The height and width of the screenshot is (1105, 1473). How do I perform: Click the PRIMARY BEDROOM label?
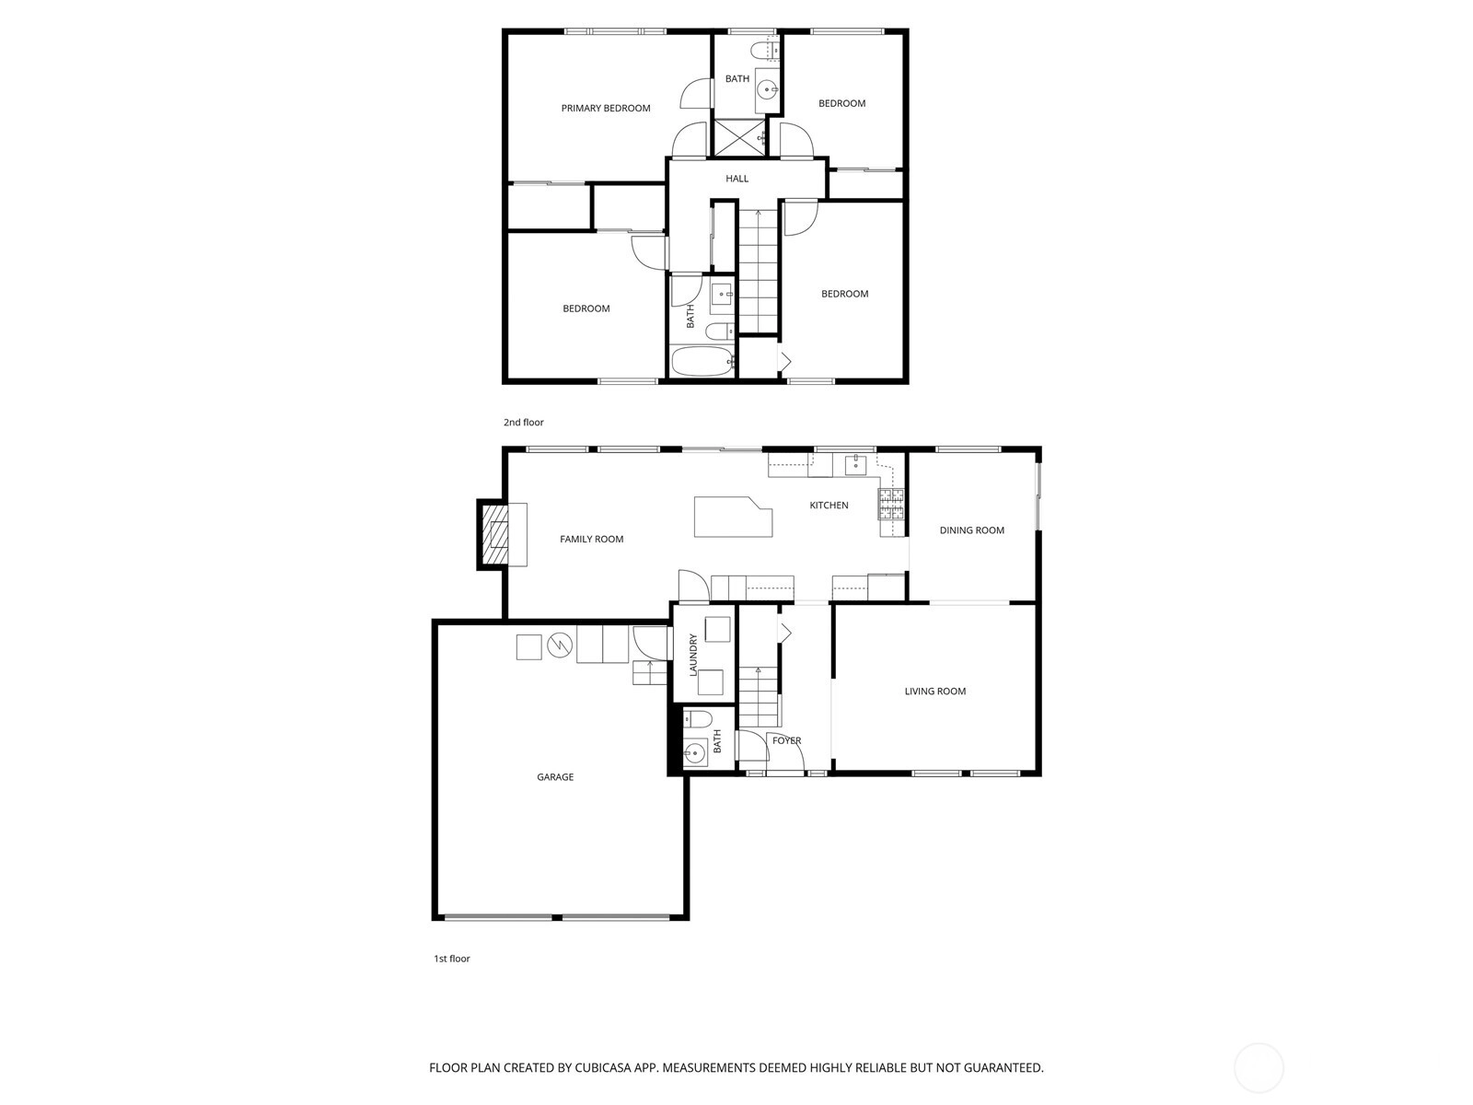pos(605,108)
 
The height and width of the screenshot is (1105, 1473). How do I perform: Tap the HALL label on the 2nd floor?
pos(736,179)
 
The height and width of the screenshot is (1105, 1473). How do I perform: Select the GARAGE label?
pos(555,777)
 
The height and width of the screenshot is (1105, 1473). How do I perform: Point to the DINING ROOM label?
pos(971,530)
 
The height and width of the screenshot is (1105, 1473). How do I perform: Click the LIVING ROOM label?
pos(934,691)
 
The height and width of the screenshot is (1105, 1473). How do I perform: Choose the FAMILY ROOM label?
pos(591,539)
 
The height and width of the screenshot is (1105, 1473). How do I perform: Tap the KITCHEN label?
pos(829,506)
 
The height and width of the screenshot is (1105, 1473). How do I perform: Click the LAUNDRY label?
pos(693,655)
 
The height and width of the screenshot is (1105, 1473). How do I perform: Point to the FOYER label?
pos(786,740)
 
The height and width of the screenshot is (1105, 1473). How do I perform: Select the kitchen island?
pos(733,517)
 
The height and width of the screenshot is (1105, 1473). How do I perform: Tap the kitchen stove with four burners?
pos(892,505)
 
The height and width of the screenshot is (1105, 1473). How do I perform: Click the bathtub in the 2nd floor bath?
pos(703,362)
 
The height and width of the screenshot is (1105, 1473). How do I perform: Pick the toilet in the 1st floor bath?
pos(697,720)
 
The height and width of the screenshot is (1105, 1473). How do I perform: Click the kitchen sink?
pos(855,463)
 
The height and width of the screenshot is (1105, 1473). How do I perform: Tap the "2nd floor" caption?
pos(524,422)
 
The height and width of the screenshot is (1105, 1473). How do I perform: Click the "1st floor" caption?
pos(452,959)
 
